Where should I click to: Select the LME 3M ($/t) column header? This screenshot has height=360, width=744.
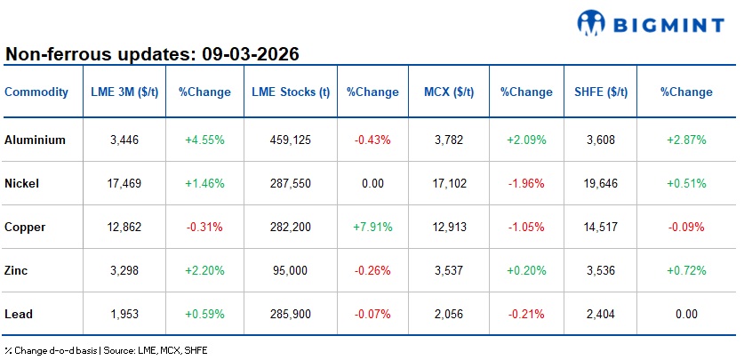click(x=124, y=92)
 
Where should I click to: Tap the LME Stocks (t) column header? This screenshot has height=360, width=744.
click(x=291, y=92)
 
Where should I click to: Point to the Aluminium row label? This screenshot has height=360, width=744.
click(x=32, y=140)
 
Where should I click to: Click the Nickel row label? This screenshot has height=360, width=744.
click(x=22, y=183)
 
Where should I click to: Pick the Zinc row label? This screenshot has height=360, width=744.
click(x=17, y=270)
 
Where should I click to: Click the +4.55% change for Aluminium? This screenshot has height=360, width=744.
click(x=204, y=140)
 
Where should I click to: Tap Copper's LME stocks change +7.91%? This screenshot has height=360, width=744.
click(x=372, y=227)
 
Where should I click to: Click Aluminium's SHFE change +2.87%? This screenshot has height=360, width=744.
click(x=685, y=140)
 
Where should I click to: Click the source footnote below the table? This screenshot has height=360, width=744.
click(x=106, y=350)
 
